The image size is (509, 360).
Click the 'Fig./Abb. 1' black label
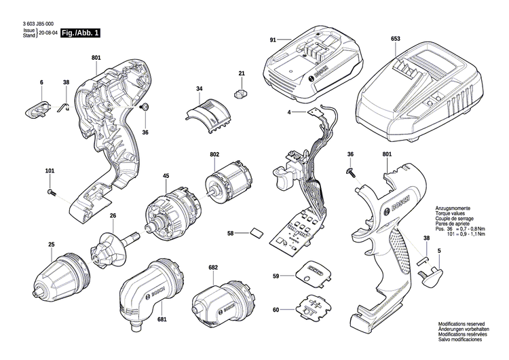80,33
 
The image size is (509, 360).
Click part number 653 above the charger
395,39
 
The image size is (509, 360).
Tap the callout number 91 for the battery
272,40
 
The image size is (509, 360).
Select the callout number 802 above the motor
214,155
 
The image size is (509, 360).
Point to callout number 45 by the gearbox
165,177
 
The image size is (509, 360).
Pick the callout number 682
213,268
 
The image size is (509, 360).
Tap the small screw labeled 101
52,193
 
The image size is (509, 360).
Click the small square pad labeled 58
257,233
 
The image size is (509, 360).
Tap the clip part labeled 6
41,107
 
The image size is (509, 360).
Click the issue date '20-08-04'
48,33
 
